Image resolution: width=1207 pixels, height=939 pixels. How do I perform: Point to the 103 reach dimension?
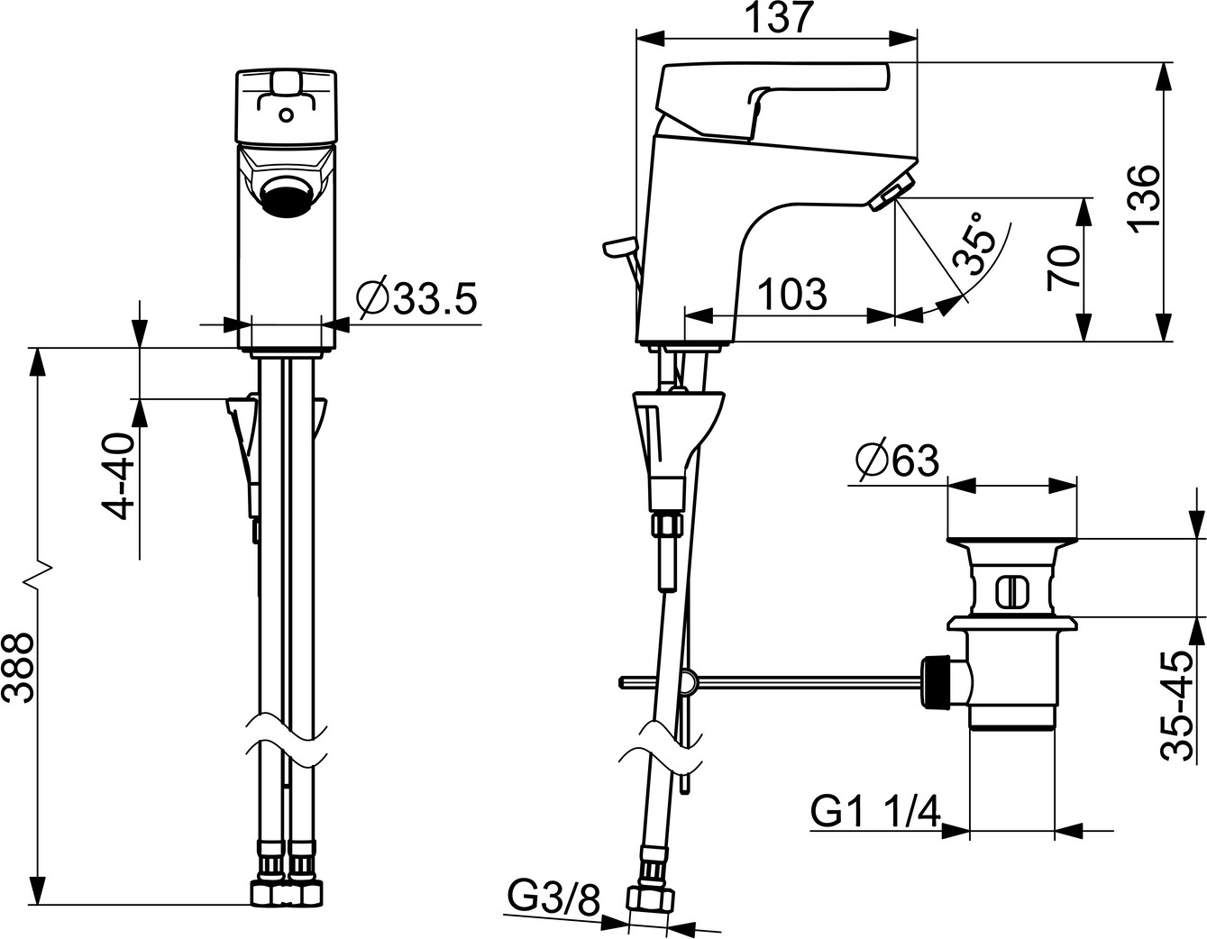792,294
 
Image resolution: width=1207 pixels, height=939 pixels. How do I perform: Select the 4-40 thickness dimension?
119,478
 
